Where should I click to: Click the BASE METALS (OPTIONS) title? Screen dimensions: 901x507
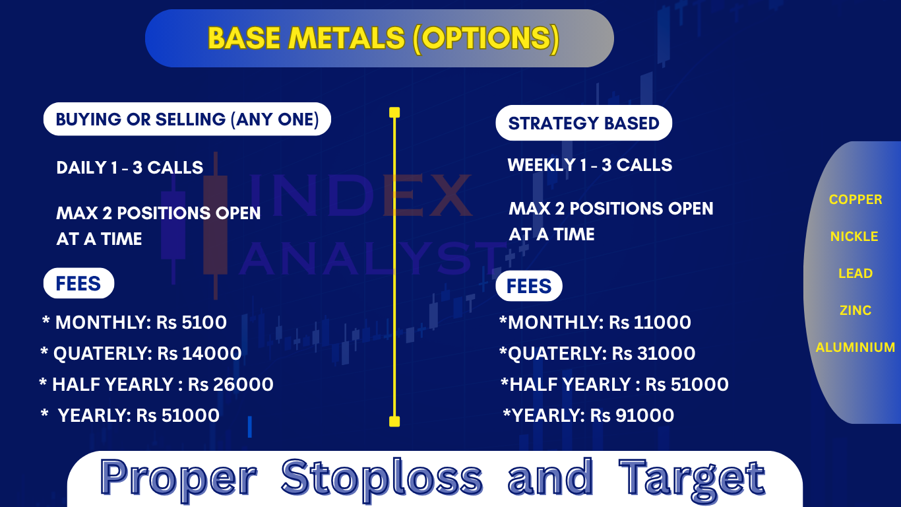pos(383,39)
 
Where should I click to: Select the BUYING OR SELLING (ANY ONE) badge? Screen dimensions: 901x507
pos(187,119)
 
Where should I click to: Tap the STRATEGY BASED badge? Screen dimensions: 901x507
pos(584,123)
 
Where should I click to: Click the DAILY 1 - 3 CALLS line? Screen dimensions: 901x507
pos(129,168)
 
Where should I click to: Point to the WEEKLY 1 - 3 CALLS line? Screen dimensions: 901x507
pos(590,165)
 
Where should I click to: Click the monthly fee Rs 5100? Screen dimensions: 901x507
pos(191,323)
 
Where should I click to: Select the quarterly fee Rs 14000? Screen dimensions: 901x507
pos(199,353)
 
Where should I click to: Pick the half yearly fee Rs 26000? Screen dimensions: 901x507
pos(230,384)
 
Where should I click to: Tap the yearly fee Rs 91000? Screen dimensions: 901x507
pos(632,415)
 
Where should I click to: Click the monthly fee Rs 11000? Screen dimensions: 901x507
pos(650,323)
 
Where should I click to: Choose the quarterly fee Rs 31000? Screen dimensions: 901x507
pos(654,353)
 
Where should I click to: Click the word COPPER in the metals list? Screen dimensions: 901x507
pos(855,199)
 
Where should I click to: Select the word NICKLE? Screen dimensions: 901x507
pos(854,236)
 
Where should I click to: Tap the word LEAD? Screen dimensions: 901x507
pos(855,273)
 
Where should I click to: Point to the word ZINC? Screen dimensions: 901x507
pos(855,310)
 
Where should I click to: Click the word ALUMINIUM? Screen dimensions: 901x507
pos(855,347)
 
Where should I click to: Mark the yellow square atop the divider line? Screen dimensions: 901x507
pos(394,112)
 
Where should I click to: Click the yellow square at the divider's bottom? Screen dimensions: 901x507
pos(394,421)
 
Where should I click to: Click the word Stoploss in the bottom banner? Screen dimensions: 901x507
pos(382,477)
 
